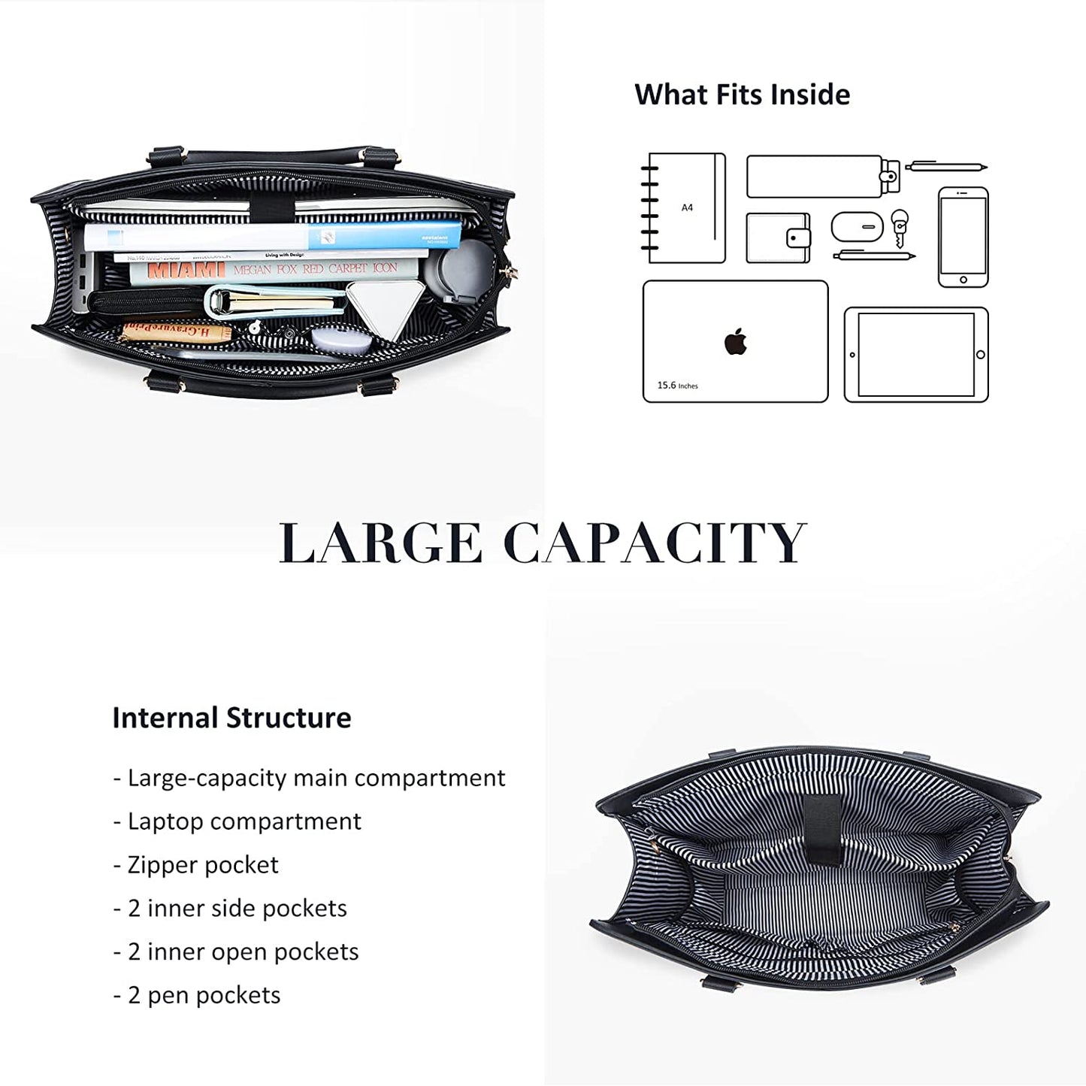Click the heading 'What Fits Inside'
tap(742, 95)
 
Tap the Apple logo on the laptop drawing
tap(736, 342)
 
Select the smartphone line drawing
tap(963, 237)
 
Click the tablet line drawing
tap(916, 355)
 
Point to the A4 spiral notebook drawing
tap(685, 208)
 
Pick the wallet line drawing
tap(778, 238)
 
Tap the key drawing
tap(899, 228)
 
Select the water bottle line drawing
tap(822, 177)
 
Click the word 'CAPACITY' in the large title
tap(655, 543)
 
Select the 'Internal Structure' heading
tap(231, 718)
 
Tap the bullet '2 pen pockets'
tap(197, 995)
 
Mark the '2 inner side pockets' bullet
tap(230, 908)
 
